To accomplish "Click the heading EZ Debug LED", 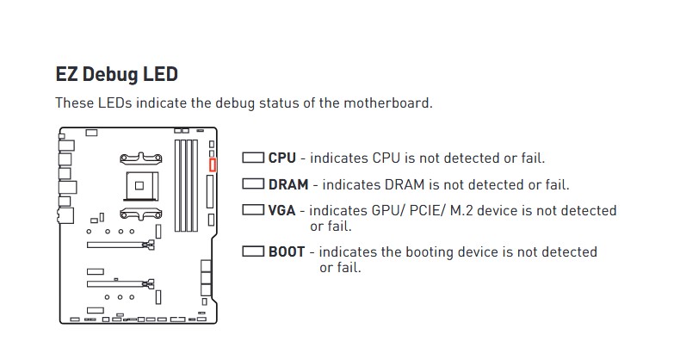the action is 117,74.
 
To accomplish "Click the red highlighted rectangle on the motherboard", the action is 213,164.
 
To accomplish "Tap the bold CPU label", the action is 281,158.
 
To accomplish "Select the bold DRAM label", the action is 288,184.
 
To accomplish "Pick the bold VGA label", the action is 281,210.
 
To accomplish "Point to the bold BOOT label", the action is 287,252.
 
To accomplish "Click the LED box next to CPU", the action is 253,158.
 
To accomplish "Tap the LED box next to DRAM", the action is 253,184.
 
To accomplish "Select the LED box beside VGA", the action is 253,210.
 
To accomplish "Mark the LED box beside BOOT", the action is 253,251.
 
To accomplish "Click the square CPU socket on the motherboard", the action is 140,186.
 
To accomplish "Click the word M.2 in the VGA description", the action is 462,210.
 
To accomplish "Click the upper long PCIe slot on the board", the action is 121,245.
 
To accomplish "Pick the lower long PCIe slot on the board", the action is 121,284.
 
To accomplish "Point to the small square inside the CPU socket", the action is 139,186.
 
